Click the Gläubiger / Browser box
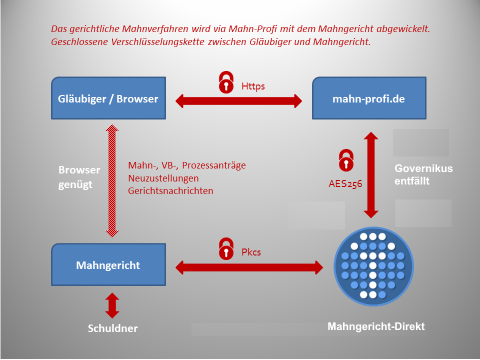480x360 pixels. (108, 98)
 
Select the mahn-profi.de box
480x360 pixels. (369, 98)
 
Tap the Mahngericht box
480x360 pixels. (108, 264)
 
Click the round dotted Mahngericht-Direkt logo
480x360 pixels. (373, 266)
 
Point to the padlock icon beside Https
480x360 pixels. (226, 82)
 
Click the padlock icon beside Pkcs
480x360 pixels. (226, 248)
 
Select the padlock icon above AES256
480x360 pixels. (346, 160)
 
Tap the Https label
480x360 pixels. (253, 86)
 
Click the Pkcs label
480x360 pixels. (251, 252)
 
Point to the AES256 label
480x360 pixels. (345, 183)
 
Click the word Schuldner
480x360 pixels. (112, 328)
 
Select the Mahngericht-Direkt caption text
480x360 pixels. (376, 326)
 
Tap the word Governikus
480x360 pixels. (423, 168)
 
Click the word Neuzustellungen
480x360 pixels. (163, 178)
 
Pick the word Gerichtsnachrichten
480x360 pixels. (170, 190)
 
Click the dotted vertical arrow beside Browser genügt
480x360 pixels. (112, 180)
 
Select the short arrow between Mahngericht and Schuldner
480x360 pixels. (112, 305)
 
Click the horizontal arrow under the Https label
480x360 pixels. (239, 101)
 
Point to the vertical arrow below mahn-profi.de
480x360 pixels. (371, 175)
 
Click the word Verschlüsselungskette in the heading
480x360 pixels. (157, 41)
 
